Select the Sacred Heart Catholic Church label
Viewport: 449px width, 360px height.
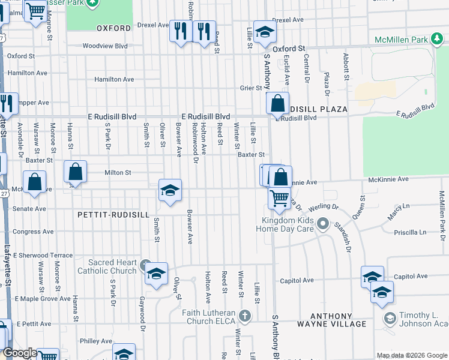point(112,266)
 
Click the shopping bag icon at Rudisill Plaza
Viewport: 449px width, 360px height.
point(278,104)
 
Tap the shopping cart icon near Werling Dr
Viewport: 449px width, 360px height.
point(279,198)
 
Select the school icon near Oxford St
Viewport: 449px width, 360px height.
point(264,33)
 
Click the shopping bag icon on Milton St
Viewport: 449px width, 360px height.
point(76,173)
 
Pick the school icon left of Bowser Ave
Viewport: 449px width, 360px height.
point(170,191)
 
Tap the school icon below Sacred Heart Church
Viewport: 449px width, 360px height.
point(156,275)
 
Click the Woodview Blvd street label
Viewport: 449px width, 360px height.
point(105,46)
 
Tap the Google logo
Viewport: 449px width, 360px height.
point(20,353)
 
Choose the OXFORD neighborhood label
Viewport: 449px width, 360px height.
point(113,28)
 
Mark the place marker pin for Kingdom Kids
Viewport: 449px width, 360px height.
point(323,225)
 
